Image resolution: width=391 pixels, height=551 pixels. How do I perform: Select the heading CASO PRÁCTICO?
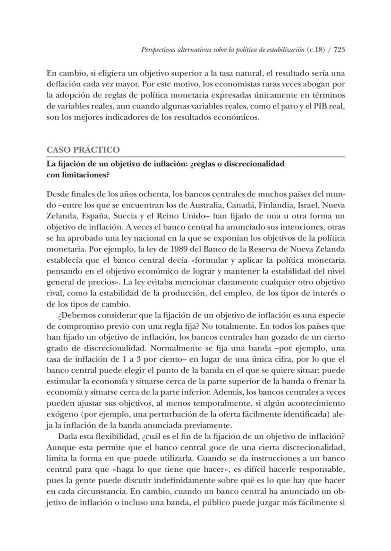tap(83, 150)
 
